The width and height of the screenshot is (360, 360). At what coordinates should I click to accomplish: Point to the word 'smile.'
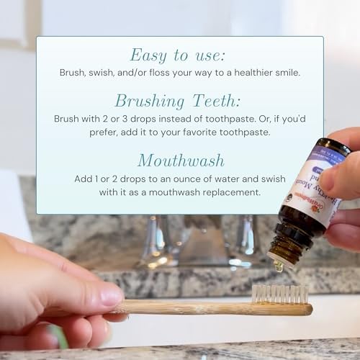click(x=284, y=73)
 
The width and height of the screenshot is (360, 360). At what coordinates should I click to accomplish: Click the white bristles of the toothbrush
click(x=287, y=294)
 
